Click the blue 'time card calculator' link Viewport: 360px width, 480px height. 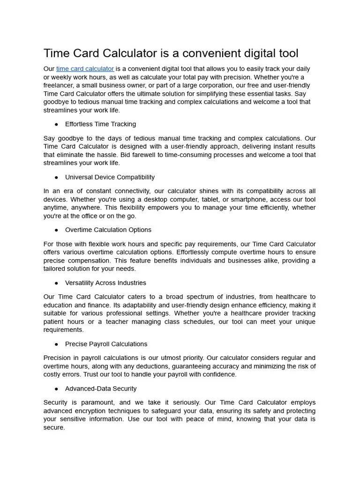pos(85,69)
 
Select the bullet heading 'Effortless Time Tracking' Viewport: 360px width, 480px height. pos(100,124)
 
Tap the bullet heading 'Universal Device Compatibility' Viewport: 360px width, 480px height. pos(110,177)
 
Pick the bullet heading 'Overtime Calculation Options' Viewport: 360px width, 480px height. pos(108,230)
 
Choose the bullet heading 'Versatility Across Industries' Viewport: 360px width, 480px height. pos(105,283)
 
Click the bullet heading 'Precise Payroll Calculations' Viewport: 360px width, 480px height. pos(106,344)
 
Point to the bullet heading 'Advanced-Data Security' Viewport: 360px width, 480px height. pos(101,389)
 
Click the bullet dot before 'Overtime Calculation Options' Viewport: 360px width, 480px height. pos(56,230)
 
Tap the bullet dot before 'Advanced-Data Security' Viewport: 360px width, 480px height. pos(56,389)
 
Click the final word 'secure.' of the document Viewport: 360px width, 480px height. pos(54,428)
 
